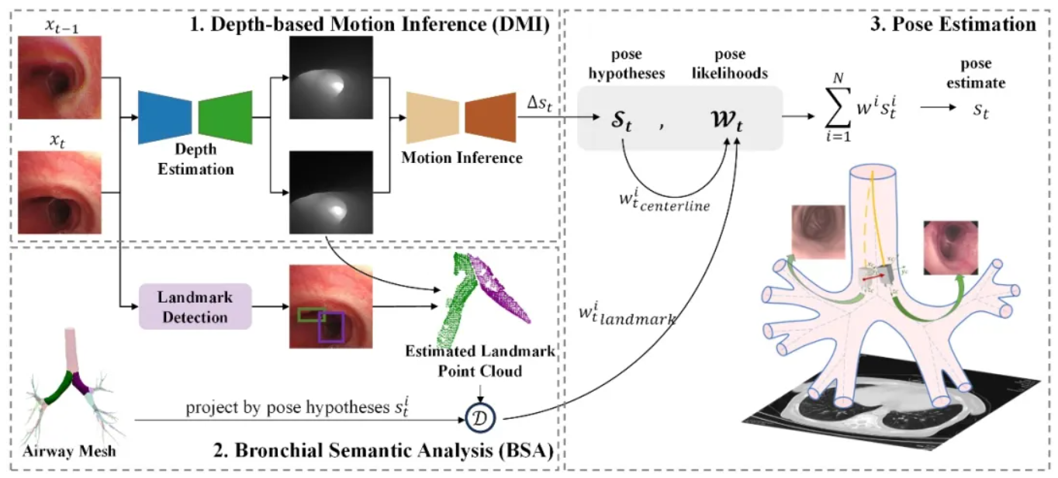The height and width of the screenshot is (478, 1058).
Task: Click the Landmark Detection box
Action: point(195,306)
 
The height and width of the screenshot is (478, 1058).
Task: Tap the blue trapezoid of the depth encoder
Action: point(164,117)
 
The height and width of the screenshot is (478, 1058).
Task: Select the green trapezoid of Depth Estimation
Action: point(226,117)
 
